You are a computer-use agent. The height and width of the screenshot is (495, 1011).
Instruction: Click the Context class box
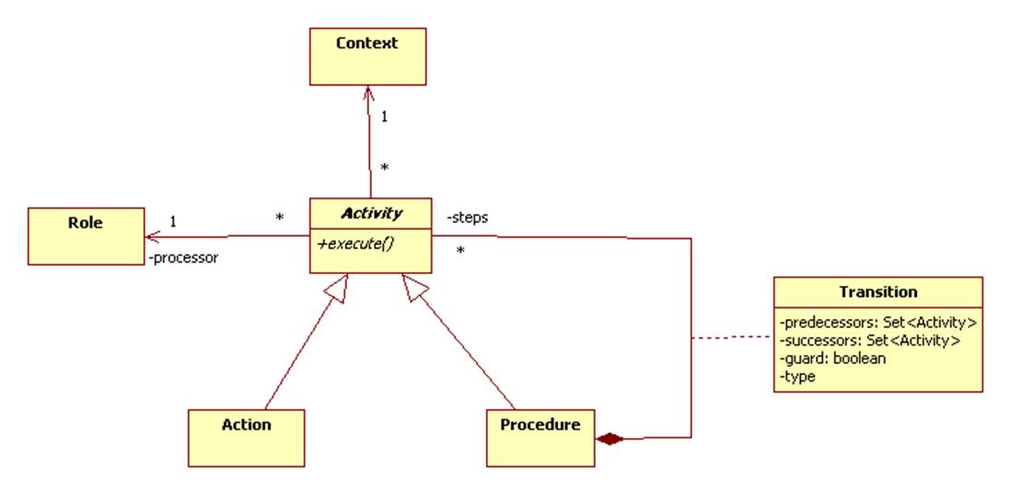click(366, 56)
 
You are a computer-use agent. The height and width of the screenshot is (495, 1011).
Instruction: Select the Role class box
click(86, 236)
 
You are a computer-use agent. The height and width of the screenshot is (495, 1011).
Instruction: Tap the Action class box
click(246, 437)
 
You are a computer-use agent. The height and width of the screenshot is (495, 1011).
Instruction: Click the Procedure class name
click(540, 425)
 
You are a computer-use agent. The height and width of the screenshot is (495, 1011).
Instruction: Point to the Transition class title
click(877, 292)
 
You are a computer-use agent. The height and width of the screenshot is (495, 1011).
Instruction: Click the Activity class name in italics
click(371, 214)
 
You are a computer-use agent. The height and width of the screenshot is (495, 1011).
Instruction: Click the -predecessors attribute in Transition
click(877, 324)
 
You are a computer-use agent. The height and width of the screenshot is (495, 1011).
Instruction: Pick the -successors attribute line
click(869, 341)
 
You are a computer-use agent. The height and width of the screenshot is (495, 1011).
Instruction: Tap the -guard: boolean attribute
click(832, 359)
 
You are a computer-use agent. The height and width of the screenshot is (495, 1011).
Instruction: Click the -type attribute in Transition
click(797, 376)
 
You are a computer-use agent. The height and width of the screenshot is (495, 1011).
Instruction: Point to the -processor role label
click(183, 258)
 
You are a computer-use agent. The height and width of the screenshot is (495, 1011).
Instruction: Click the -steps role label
click(467, 218)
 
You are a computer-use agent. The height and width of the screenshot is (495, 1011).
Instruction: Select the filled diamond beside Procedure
click(610, 439)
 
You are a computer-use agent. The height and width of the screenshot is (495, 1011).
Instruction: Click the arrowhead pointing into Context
click(367, 91)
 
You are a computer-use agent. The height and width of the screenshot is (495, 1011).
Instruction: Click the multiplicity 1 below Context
click(384, 118)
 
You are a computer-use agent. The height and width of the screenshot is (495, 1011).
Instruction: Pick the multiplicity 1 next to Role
click(173, 221)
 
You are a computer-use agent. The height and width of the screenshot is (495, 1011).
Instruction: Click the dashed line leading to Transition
click(731, 338)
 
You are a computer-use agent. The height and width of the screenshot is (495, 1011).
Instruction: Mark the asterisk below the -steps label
click(459, 250)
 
